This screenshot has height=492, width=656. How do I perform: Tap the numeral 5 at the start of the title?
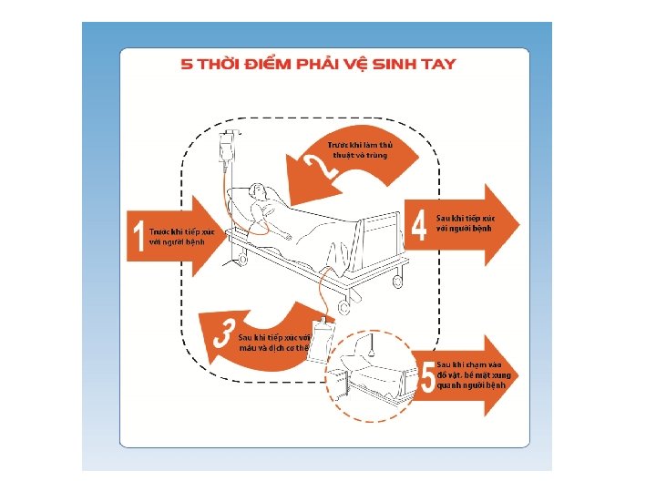(x=187, y=64)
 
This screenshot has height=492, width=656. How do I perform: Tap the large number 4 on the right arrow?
(x=419, y=226)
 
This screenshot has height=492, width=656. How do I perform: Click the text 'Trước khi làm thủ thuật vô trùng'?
(x=359, y=149)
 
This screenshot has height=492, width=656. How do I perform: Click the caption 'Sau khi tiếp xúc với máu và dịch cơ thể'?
(x=274, y=343)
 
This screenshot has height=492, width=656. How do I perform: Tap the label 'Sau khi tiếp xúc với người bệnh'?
(x=466, y=223)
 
